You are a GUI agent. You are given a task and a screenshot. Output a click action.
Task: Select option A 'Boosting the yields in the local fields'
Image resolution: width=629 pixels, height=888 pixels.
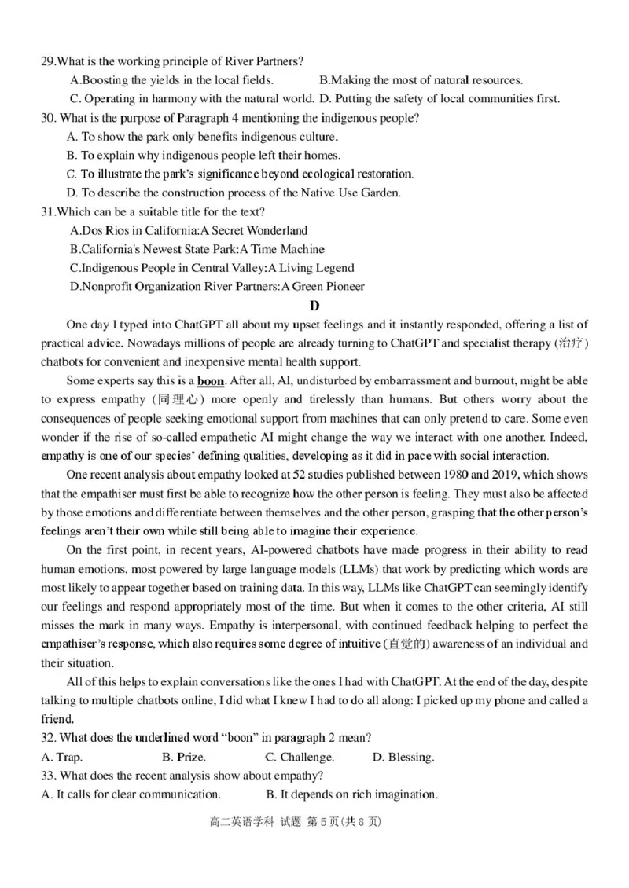(171, 80)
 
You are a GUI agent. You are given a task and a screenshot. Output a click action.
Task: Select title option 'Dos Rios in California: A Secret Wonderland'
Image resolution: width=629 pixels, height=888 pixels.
(189, 230)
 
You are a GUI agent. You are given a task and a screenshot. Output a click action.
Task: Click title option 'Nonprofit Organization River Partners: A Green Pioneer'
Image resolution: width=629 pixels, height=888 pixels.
(217, 287)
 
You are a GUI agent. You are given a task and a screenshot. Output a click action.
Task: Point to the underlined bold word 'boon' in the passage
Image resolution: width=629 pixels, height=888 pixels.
(210, 381)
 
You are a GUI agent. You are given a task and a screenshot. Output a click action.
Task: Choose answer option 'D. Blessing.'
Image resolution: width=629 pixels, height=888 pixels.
(403, 758)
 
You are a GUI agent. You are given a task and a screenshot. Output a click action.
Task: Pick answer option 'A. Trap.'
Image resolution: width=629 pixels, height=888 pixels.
(61, 758)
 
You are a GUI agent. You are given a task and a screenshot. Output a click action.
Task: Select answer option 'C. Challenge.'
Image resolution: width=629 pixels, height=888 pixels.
(299, 758)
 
